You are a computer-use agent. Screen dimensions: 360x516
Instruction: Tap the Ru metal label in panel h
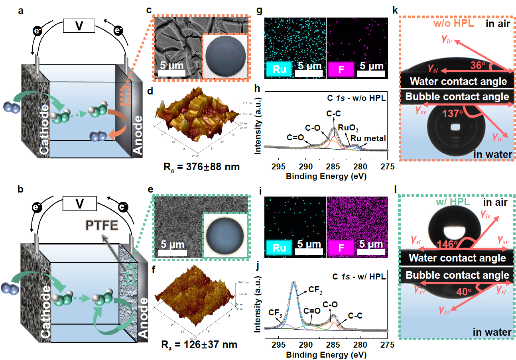click(371, 138)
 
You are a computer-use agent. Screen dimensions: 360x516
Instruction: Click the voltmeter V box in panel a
click(79, 26)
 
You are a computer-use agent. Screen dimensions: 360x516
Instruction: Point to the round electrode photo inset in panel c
click(225, 55)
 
